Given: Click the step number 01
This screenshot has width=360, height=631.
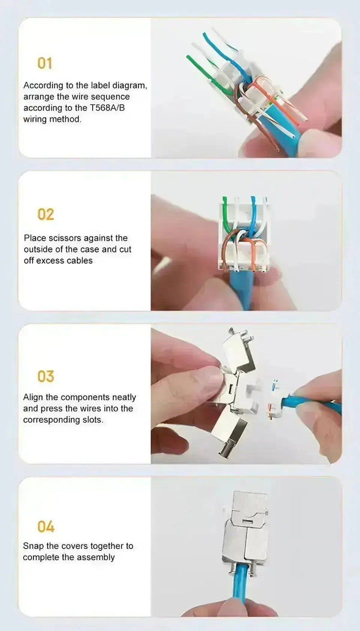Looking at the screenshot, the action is click(x=44, y=63).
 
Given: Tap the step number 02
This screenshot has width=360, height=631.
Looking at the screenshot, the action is click(x=46, y=214).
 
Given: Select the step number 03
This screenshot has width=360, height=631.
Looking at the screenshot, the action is click(x=46, y=376).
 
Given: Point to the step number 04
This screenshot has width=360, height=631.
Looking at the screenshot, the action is click(x=46, y=527).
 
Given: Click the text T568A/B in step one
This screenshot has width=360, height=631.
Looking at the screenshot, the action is click(x=110, y=108).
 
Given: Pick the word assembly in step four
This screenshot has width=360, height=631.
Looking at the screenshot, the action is click(x=98, y=558).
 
